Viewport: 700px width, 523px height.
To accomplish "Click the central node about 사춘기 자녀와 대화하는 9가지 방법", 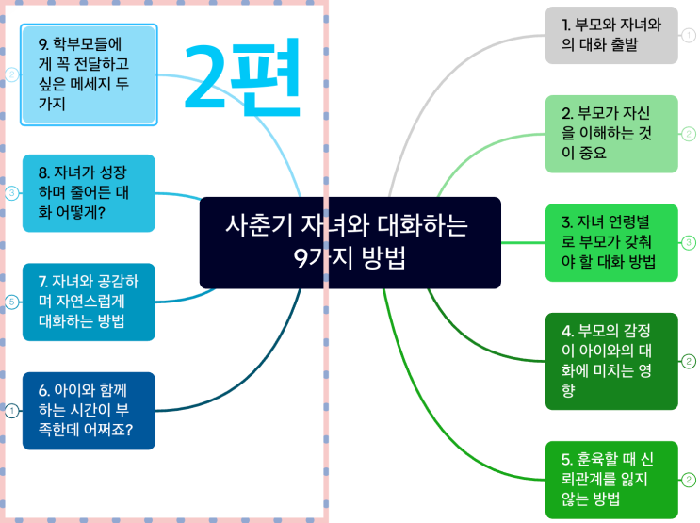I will click(350, 242).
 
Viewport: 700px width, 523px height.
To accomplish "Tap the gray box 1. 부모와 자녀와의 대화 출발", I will click(611, 36).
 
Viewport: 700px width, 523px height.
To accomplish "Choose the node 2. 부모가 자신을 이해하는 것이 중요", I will click(611, 134).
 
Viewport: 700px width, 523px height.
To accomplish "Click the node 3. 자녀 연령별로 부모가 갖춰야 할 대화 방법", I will click(611, 242).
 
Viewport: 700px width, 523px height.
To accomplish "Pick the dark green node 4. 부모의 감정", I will click(611, 361).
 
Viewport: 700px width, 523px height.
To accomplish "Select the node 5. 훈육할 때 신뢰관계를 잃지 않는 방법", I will click(611, 479).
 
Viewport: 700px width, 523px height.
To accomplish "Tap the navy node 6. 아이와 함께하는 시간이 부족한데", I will click(89, 411).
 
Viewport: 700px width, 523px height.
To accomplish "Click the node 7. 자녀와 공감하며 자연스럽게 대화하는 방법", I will click(89, 302).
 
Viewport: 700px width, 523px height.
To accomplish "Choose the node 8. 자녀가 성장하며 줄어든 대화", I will click(89, 193).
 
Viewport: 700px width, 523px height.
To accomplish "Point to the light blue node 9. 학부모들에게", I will click(89, 74).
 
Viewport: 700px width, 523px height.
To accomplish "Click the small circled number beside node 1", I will click(689, 36).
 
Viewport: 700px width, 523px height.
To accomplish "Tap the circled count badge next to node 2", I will click(689, 134).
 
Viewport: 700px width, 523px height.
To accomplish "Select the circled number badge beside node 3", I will click(689, 242).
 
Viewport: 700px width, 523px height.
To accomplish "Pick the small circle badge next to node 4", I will click(689, 361).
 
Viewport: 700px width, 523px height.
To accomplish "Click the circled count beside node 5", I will click(689, 479).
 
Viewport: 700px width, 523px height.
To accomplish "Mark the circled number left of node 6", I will click(11, 411).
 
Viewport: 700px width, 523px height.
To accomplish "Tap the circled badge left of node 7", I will click(11, 302).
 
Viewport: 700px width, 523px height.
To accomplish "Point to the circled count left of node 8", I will click(11, 193).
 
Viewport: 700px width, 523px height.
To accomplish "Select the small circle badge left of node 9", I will click(11, 74).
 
